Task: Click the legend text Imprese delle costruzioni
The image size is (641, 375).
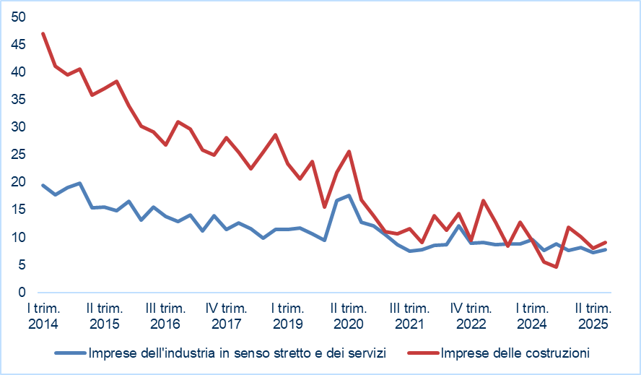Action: [515, 353]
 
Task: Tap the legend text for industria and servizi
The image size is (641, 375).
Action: [237, 353]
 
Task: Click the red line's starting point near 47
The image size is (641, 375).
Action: [43, 33]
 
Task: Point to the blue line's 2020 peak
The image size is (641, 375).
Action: [349, 195]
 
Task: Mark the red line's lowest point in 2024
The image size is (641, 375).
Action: [557, 267]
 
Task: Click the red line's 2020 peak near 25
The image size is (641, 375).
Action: [349, 151]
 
